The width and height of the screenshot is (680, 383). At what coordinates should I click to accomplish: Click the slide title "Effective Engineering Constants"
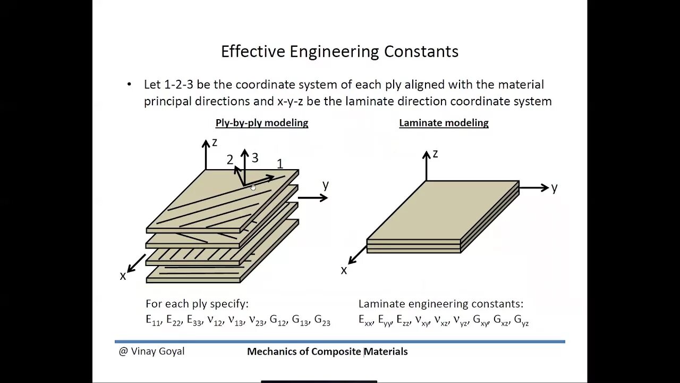coord(339,52)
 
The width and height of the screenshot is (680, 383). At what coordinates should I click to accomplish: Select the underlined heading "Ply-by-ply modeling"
coord(262,123)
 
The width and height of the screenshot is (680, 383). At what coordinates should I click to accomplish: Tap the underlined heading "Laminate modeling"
coord(444,123)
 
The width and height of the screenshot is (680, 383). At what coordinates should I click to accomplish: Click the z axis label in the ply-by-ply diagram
coord(215,142)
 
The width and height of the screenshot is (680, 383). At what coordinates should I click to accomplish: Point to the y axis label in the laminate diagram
coord(554,187)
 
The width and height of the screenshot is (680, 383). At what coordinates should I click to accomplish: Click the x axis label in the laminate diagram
coord(344,270)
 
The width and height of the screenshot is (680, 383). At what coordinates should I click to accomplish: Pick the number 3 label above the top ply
coord(255,158)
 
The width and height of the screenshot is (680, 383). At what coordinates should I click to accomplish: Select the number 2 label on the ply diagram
coord(230,160)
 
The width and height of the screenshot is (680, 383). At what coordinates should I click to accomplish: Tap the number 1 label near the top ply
coord(280,164)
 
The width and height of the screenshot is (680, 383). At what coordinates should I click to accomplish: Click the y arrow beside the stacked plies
coord(313,198)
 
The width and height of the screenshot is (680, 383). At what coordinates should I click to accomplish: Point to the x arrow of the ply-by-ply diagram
coord(137,262)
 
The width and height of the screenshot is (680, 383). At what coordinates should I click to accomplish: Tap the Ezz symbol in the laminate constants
coord(404,320)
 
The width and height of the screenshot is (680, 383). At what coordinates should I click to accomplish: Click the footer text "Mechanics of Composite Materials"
coord(327,352)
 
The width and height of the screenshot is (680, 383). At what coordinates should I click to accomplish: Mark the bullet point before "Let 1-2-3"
coord(129,85)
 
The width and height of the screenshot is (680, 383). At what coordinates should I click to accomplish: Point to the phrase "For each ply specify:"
coord(197,304)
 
